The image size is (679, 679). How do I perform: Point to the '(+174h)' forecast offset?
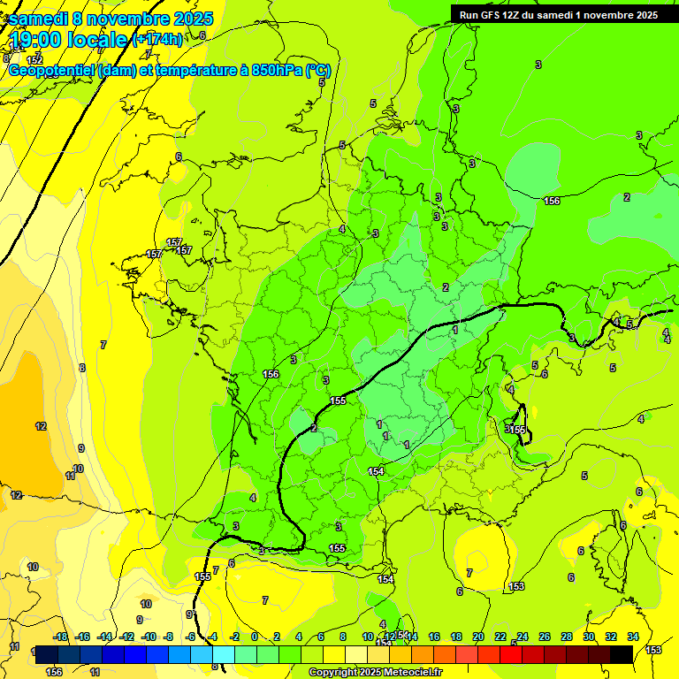(157, 39)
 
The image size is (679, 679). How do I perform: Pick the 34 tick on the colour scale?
(633, 637)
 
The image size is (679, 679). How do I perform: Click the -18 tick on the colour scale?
(60, 637)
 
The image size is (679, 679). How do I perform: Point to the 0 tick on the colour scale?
(255, 637)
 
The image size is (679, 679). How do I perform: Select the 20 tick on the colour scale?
(478, 637)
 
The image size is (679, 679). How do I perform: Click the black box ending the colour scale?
(621, 654)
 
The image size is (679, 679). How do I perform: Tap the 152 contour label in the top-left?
(34, 59)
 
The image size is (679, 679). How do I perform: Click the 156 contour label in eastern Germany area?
(552, 201)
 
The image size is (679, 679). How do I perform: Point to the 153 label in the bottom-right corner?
(653, 650)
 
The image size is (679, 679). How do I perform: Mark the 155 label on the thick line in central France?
(338, 401)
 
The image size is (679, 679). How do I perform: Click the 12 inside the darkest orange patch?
(41, 426)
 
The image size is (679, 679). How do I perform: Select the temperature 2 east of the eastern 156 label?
(627, 197)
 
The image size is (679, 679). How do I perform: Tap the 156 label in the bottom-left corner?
(54, 672)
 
